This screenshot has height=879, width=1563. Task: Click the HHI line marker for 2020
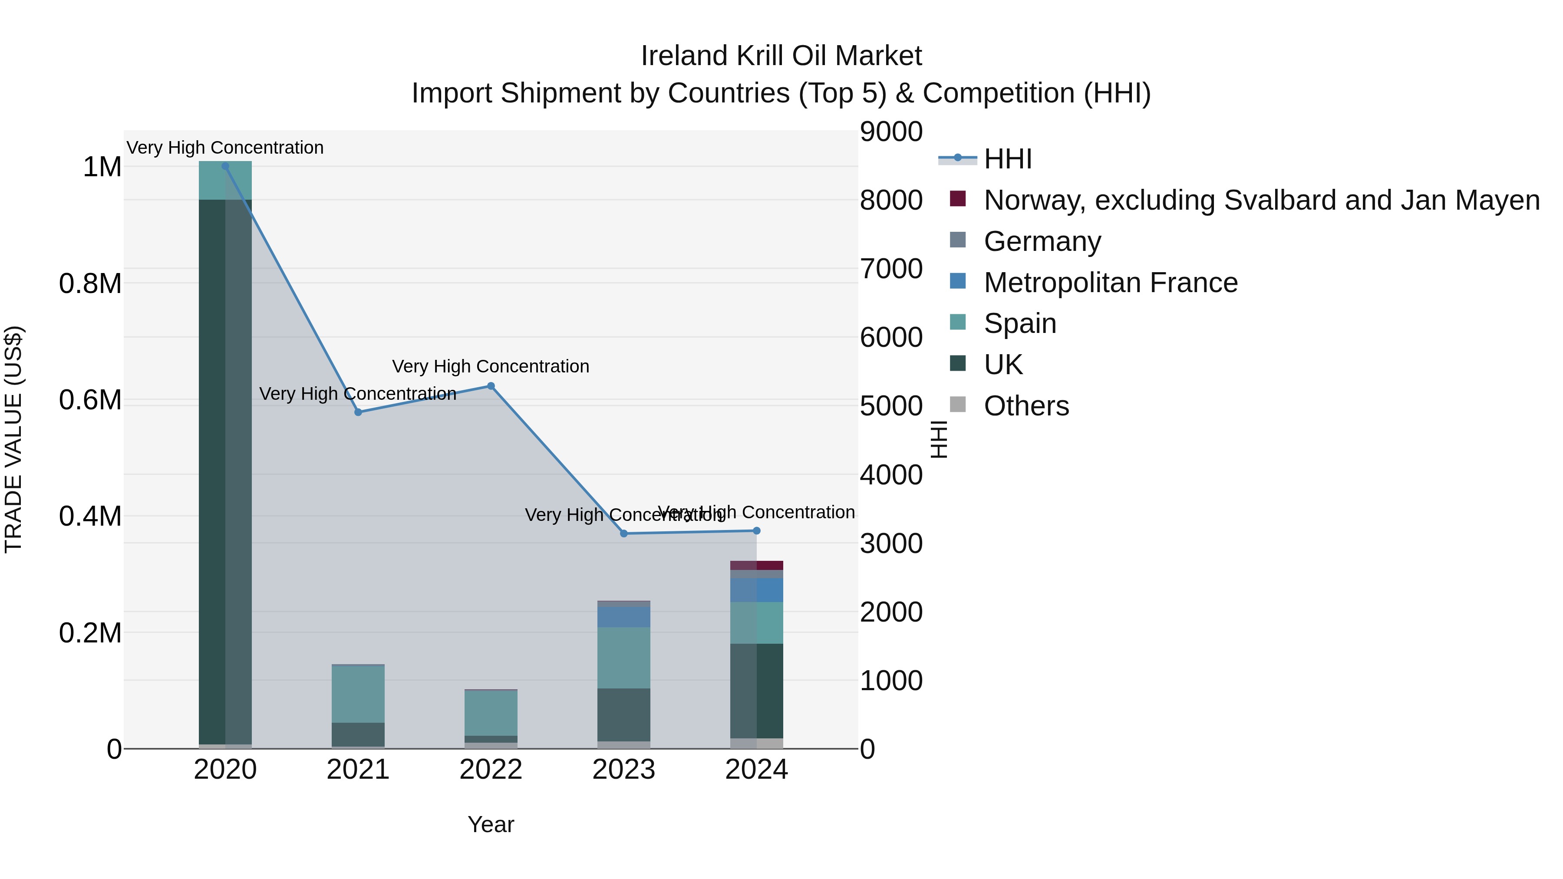[225, 166]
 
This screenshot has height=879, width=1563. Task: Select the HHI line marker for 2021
[358, 412]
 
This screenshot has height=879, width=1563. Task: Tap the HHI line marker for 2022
[491, 386]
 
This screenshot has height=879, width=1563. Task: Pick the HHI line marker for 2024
[757, 531]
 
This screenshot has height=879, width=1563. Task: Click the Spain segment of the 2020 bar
[225, 180]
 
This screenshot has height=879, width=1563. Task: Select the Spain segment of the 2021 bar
[358, 694]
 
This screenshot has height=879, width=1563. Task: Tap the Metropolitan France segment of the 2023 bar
[624, 616]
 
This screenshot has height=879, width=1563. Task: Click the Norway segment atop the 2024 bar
[757, 565]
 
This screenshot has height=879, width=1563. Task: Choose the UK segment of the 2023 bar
[624, 714]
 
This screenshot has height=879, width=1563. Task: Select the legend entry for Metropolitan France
[1110, 283]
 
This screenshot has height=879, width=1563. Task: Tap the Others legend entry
[1026, 406]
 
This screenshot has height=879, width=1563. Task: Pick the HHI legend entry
[1008, 159]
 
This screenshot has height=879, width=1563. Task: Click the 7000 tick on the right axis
[891, 269]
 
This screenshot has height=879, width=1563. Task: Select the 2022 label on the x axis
[491, 770]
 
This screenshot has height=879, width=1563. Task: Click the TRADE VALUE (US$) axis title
[13, 439]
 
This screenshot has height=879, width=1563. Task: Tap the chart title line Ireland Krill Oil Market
[781, 56]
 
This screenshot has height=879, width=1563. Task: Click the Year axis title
[491, 824]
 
